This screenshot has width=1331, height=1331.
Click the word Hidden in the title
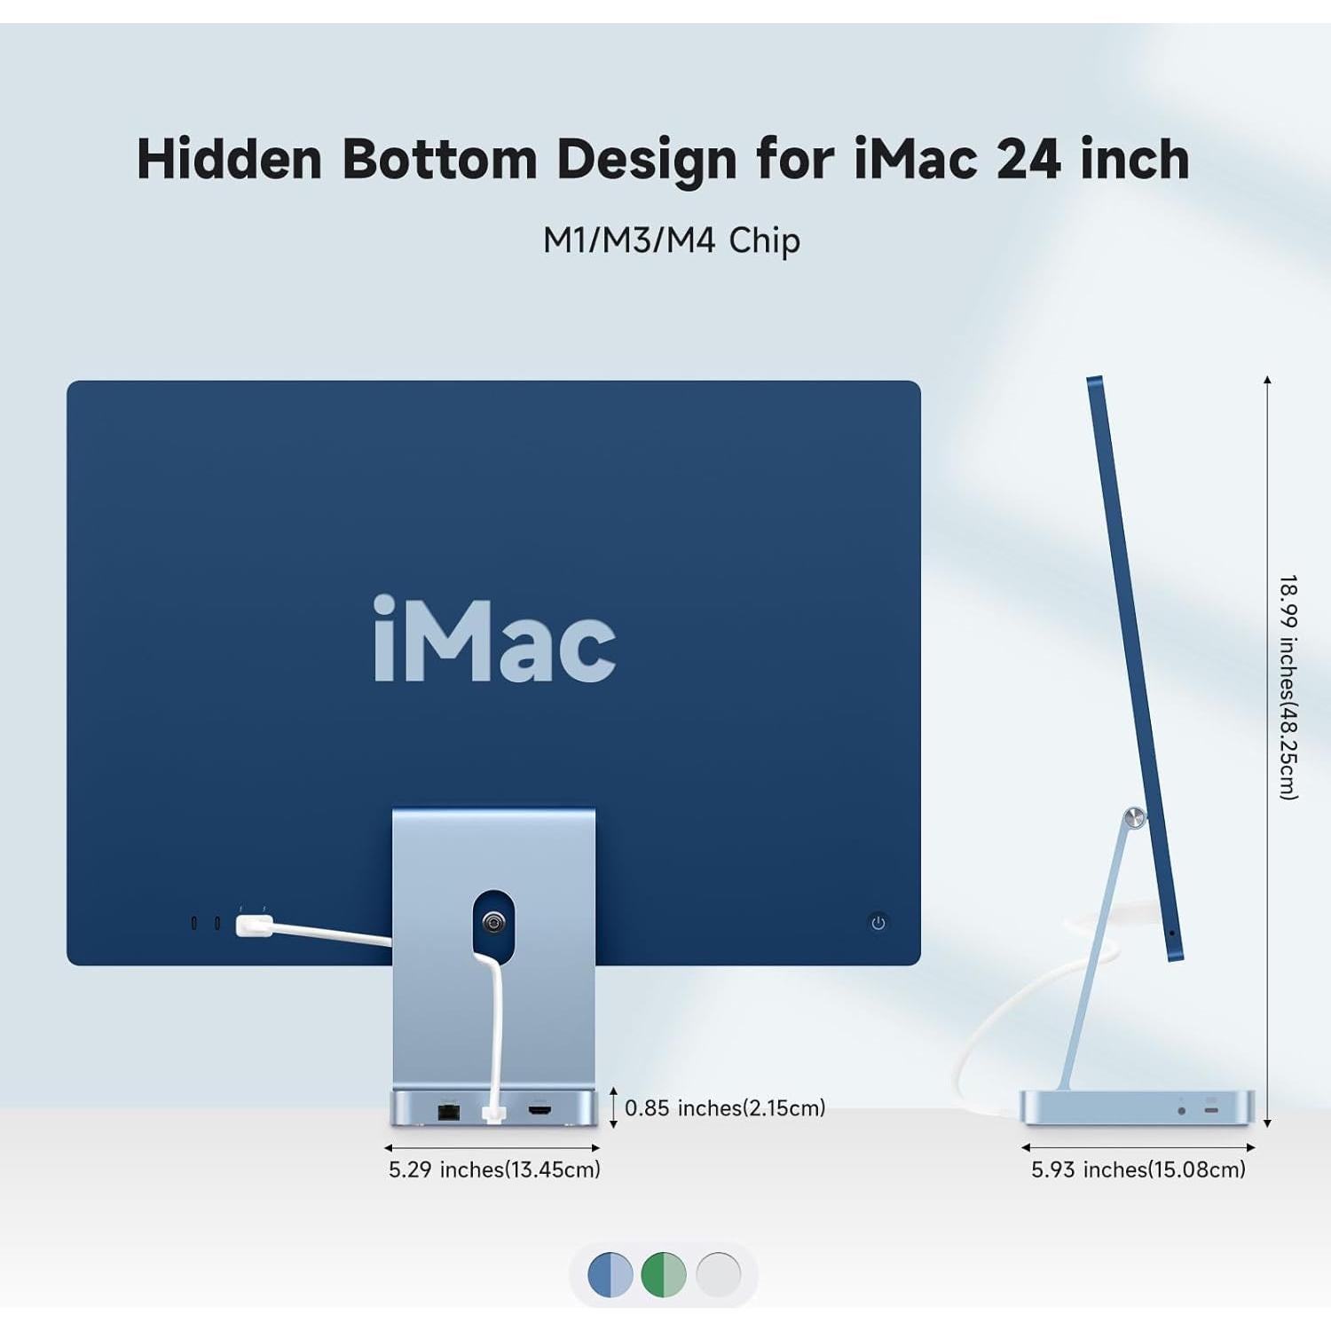(x=229, y=160)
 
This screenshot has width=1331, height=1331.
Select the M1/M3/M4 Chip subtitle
(x=671, y=240)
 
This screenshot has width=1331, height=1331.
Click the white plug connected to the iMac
(x=254, y=925)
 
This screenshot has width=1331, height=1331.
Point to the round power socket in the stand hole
(x=493, y=923)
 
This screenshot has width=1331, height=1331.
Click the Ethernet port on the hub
(x=448, y=1110)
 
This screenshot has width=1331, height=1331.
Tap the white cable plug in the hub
(x=493, y=1113)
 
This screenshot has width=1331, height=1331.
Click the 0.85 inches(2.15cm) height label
(x=725, y=1108)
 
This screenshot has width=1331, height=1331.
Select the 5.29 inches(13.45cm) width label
(x=494, y=1170)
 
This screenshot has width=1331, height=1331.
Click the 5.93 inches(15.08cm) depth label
(x=1138, y=1170)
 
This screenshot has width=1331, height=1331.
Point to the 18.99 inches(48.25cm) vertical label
(x=1288, y=687)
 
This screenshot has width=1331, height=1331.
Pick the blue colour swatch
(x=610, y=1275)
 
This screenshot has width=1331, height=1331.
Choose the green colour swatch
(x=664, y=1275)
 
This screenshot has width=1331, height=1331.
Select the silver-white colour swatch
(x=718, y=1275)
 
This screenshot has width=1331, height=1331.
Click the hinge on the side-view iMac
(x=1133, y=817)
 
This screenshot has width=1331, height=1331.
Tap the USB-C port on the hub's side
(x=1211, y=1110)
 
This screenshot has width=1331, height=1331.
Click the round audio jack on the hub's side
(x=1181, y=1111)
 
